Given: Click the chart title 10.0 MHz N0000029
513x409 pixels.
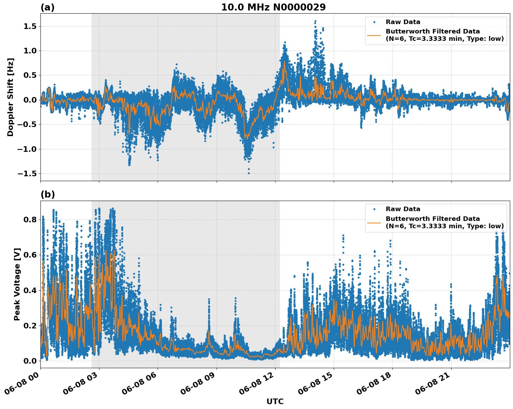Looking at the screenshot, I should (x=273, y=7).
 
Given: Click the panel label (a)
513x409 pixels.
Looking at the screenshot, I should (x=47, y=7).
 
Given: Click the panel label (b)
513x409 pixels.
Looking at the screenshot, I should (x=47, y=194).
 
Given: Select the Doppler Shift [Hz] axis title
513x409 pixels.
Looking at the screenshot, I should (x=10, y=97).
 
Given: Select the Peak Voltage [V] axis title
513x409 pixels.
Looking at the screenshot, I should (x=17, y=284).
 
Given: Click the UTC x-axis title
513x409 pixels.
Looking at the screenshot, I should (x=275, y=401).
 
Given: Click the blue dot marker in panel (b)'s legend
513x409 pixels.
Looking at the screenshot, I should (x=374, y=209).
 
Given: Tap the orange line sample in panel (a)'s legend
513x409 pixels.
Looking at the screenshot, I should (x=374, y=35).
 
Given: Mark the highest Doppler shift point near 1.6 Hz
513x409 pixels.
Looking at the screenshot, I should (x=315, y=21).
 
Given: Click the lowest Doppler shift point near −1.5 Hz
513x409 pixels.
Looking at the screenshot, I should (x=249, y=173).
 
